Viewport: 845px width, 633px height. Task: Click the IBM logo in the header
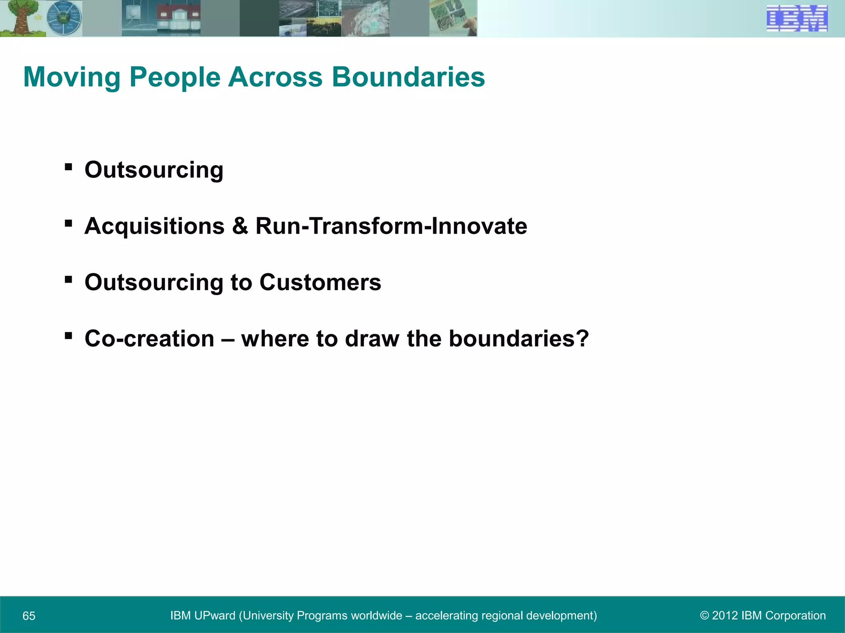click(x=797, y=19)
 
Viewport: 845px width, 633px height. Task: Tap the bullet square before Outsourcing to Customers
click(x=68, y=280)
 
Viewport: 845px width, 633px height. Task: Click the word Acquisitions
click(x=154, y=226)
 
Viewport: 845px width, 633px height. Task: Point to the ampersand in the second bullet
click(x=240, y=226)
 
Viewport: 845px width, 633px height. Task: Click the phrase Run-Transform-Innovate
click(x=391, y=226)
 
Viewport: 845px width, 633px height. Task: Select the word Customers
click(x=320, y=283)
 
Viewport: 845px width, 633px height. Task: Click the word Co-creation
click(x=149, y=339)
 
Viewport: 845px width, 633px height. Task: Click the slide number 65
click(x=29, y=616)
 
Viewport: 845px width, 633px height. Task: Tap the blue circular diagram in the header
click(x=64, y=19)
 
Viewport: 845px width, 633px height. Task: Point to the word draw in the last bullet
click(x=372, y=339)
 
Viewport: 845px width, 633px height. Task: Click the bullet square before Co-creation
click(x=68, y=336)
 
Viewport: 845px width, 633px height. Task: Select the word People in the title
click(x=175, y=77)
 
